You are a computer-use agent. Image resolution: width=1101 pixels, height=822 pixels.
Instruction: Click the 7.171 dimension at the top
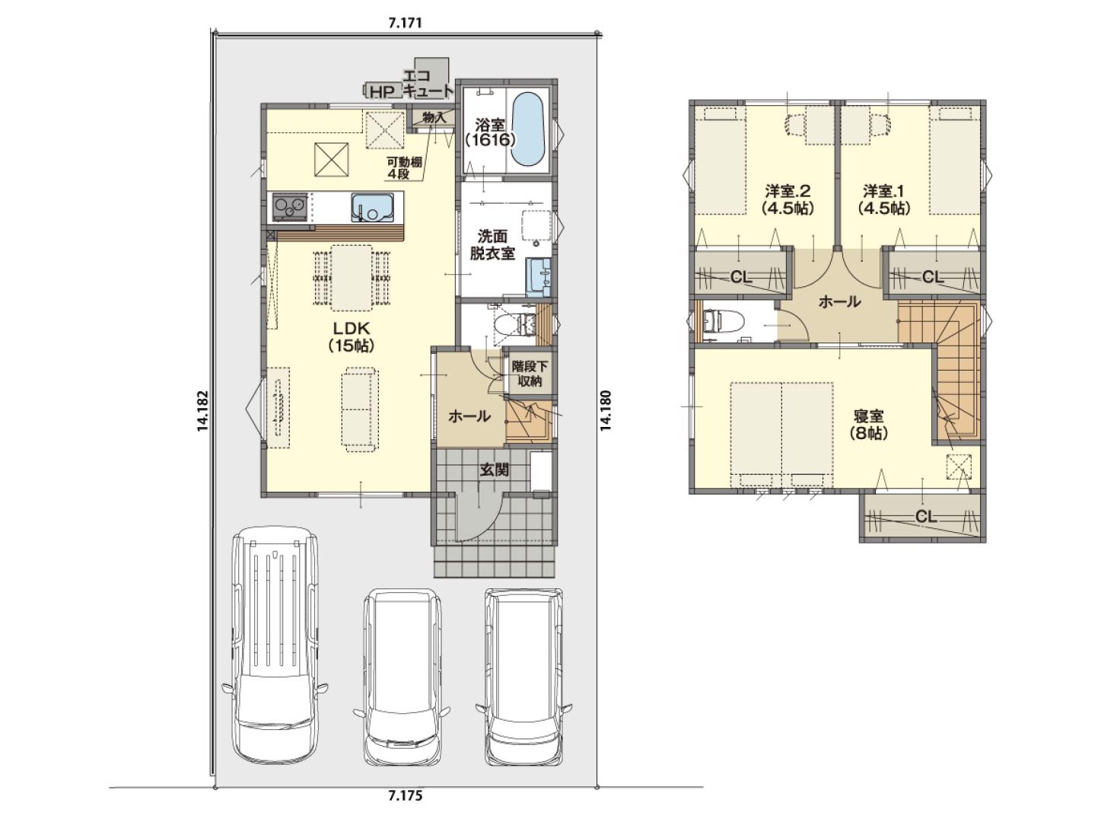click(405, 23)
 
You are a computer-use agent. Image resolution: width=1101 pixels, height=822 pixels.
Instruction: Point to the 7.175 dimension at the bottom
click(406, 809)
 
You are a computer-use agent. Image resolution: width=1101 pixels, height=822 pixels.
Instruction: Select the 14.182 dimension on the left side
click(202, 411)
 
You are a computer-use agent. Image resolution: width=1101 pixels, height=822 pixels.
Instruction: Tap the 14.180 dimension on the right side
click(606, 410)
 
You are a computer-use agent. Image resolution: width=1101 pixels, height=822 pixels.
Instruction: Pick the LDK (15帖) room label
click(352, 337)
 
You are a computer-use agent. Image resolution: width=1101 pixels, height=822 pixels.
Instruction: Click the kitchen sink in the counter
click(372, 207)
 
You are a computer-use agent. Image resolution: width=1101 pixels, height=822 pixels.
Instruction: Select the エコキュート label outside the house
click(428, 83)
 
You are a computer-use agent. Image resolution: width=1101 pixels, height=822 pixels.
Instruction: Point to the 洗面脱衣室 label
click(492, 245)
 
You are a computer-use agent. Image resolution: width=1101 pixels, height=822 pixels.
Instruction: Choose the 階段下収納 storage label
click(529, 374)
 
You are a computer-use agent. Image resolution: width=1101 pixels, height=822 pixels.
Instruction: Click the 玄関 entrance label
click(495, 470)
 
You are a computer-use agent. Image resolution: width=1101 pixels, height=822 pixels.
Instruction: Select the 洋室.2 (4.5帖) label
click(787, 199)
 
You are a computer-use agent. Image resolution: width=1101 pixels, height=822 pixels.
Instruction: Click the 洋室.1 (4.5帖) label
click(883, 199)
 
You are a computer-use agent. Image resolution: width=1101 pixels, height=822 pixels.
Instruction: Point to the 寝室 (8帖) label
click(869, 424)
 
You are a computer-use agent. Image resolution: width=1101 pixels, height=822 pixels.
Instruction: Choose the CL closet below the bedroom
click(926, 516)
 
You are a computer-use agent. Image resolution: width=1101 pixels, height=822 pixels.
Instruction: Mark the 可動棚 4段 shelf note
click(403, 168)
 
